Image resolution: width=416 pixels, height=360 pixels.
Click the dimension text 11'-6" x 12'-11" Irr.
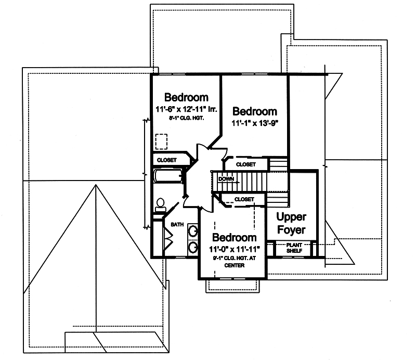(186, 109)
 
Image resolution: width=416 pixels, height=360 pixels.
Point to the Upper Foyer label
(291, 223)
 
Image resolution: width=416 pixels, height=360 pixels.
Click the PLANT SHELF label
(294, 248)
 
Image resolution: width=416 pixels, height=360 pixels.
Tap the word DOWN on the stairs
(227, 179)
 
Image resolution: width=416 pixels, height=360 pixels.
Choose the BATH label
(177, 225)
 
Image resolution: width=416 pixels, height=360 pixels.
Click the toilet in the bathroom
(160, 205)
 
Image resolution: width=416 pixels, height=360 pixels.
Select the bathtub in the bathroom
(167, 176)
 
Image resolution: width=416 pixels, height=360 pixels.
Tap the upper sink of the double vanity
(192, 230)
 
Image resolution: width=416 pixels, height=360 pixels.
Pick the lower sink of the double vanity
(192, 247)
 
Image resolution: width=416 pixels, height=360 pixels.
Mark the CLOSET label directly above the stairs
(246, 164)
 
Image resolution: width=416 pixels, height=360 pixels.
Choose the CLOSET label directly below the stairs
(244, 199)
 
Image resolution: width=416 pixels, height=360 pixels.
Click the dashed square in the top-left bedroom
(161, 142)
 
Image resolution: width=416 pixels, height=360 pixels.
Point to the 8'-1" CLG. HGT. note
(186, 118)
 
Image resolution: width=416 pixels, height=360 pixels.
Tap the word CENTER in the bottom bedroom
(234, 265)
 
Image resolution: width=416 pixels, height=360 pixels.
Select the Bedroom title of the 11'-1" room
(255, 111)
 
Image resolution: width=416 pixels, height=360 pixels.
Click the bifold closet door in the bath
(168, 238)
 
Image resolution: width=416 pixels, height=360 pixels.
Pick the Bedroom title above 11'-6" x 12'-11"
(186, 97)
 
